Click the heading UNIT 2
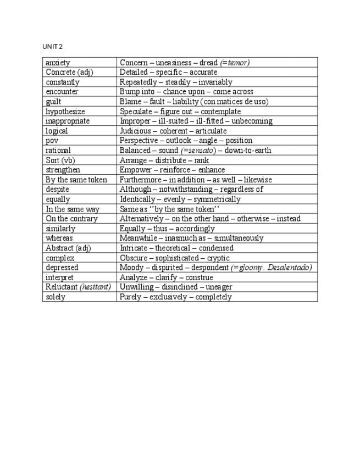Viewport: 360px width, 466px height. coord(52,46)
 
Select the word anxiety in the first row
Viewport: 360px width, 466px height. coord(58,63)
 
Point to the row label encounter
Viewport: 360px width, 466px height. coord(62,92)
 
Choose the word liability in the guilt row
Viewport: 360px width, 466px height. coord(186,102)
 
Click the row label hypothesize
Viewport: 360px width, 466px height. coord(65,112)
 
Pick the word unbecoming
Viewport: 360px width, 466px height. coord(252,121)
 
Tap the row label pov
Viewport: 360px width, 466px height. coord(52,141)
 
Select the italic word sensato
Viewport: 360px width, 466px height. coord(200,151)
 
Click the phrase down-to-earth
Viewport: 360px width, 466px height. coord(248,151)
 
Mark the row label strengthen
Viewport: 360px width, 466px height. coord(63,170)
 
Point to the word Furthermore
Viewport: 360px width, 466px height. coord(141,180)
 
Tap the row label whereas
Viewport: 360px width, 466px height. coord(59,238)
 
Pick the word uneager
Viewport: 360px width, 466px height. coord(219,287)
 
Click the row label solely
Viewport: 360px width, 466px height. coord(55,297)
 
